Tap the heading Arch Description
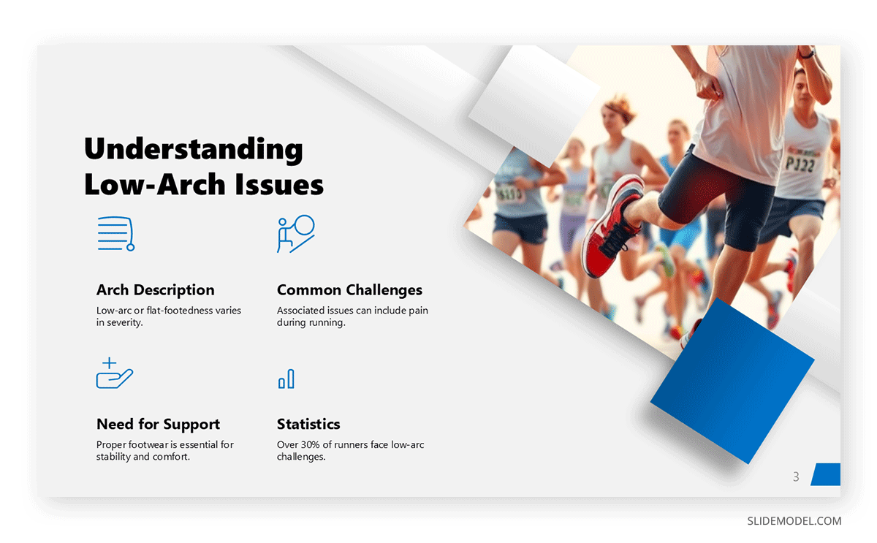155,290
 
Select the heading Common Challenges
349,290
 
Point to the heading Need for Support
158,425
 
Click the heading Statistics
308,425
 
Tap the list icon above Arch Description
115,234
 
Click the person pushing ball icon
295,234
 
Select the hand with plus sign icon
114,373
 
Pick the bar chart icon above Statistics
286,379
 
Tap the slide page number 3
796,476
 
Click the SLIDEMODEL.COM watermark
794,521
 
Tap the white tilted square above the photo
534,103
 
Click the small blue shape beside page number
827,474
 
